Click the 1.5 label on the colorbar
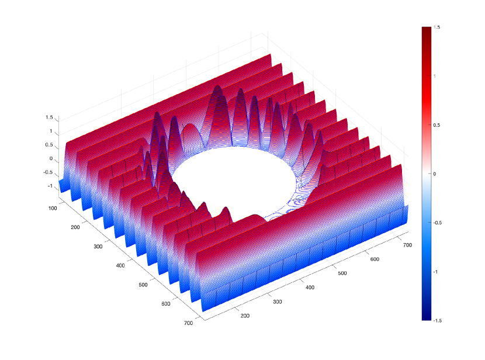pos(437,27)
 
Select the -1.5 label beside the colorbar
pos(437,321)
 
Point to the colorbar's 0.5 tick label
pos(437,125)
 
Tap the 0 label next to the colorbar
pos(435,174)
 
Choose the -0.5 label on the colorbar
pos(437,223)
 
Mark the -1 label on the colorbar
pos(435,272)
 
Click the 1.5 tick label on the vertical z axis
pos(49,117)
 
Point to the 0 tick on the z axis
pos(51,158)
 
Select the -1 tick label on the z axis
pos(50,186)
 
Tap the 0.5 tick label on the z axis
pos(49,145)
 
